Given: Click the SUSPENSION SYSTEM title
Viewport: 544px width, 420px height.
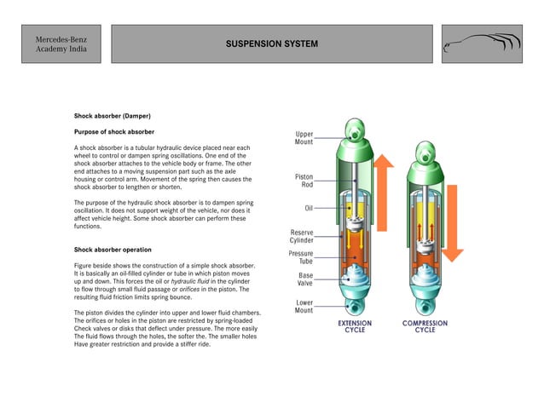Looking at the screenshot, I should (272, 43).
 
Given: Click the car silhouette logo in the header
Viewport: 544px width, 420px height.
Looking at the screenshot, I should (482, 43).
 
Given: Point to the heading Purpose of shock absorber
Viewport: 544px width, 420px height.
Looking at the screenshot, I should (114, 132).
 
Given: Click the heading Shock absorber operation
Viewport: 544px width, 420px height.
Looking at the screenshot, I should (113, 250).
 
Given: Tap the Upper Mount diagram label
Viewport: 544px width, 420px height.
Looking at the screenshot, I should (304, 137).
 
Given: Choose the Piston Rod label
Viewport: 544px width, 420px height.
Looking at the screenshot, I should (303, 181).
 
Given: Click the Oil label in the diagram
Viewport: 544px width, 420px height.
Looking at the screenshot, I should (308, 208).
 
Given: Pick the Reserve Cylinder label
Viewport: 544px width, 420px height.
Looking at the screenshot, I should (303, 236).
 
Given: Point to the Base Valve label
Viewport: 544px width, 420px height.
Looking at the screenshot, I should (304, 279).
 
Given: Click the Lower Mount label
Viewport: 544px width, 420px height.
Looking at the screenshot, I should (304, 306).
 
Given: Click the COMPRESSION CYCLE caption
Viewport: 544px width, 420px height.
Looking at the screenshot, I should (425, 327).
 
